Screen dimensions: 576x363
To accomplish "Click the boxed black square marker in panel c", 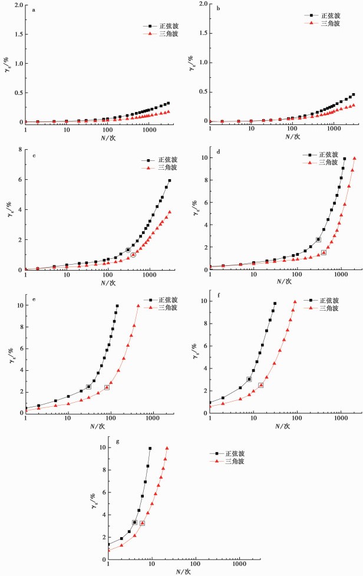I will (128, 250).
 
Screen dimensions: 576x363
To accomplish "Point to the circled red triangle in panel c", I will (133, 255).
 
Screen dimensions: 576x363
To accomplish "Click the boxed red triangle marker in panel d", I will (324, 252).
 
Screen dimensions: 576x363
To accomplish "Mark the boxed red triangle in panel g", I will (142, 523).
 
